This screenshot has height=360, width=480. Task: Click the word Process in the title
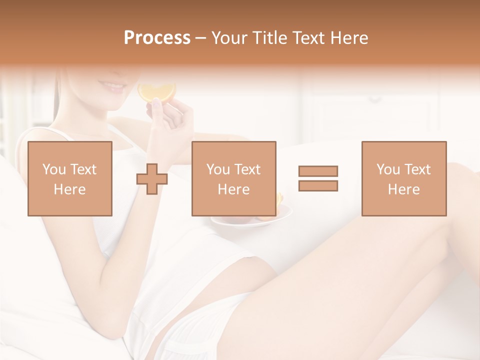tap(157, 38)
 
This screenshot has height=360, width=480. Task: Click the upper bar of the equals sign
tap(318, 171)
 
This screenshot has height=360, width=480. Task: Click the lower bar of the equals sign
tap(318, 185)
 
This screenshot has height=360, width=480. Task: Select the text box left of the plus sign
tap(69, 178)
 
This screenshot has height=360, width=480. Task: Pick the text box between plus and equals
tap(233, 178)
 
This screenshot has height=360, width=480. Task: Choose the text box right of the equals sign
tap(403, 178)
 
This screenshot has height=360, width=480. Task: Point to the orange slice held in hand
tap(156, 91)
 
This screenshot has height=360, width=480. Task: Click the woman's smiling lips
tap(115, 88)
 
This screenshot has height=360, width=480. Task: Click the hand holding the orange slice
tap(170, 120)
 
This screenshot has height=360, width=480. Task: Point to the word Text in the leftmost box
tap(83, 169)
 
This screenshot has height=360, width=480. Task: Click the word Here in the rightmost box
tap(403, 189)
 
